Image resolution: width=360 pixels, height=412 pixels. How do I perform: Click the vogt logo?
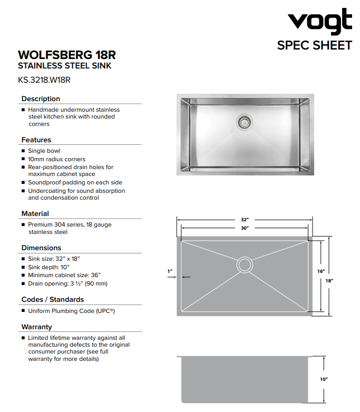319,22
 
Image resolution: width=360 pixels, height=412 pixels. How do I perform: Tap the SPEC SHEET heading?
314,45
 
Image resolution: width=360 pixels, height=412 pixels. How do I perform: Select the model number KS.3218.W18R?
44,80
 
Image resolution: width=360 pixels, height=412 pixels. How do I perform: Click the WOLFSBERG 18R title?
67,55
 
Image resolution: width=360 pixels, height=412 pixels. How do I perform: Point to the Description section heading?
41,99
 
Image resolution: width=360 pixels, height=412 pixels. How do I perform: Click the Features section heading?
36,140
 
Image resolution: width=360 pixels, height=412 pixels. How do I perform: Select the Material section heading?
35,213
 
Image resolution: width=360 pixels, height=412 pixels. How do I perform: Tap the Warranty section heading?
37,327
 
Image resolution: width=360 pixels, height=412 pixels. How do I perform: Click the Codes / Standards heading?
53,299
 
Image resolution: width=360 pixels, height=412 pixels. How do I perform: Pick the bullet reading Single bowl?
44,151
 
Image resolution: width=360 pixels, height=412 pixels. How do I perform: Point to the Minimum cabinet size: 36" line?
64,275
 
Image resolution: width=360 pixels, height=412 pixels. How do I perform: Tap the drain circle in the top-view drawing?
245,264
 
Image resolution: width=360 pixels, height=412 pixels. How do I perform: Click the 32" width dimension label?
245,219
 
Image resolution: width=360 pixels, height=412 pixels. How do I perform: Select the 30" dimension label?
245,228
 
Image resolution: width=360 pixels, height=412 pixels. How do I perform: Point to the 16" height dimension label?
321,271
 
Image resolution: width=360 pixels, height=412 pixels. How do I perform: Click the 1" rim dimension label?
170,271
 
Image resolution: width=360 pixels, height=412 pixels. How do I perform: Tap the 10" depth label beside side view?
324,379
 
